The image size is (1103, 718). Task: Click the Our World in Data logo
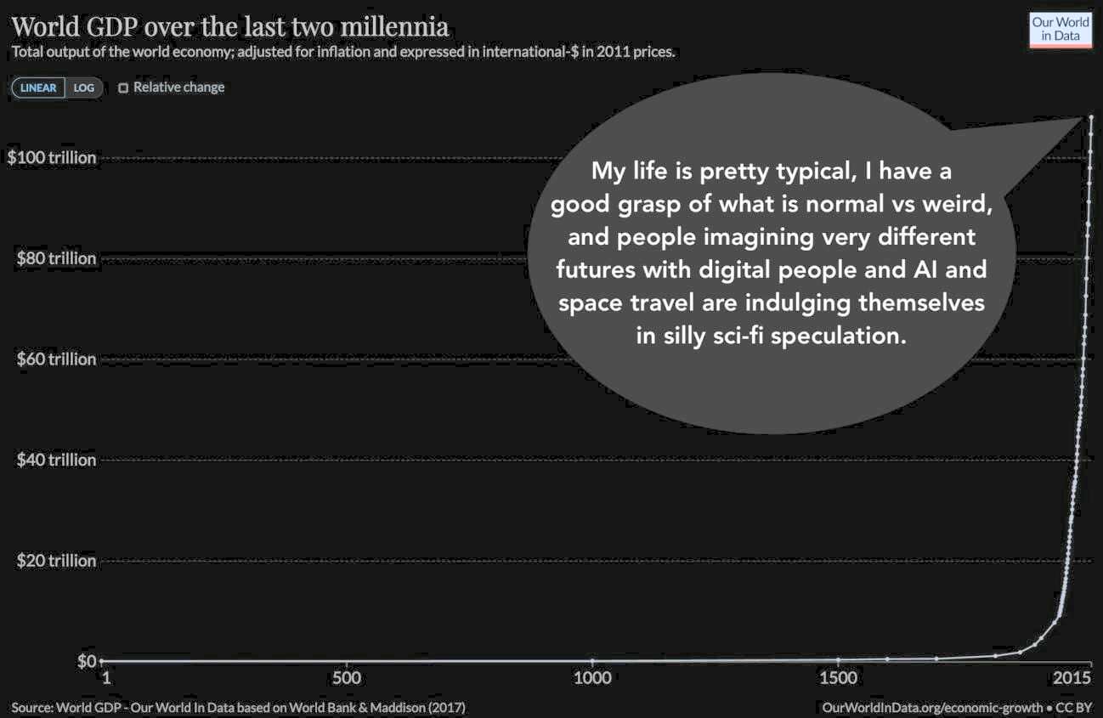click(1060, 29)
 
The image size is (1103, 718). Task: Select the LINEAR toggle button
click(38, 88)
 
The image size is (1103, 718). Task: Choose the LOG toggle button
click(84, 88)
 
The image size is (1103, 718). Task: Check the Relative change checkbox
click(123, 88)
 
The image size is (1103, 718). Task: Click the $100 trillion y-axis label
click(52, 158)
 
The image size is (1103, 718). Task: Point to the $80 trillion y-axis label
click(56, 258)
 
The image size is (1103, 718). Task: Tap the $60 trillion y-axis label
click(56, 359)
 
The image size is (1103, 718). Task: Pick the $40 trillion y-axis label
click(56, 460)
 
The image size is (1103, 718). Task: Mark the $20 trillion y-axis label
click(56, 561)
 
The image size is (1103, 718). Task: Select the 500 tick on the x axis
click(347, 678)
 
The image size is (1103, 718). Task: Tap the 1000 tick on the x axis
click(592, 678)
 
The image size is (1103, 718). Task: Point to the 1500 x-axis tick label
click(839, 678)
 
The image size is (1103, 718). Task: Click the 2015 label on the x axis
click(1072, 678)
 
